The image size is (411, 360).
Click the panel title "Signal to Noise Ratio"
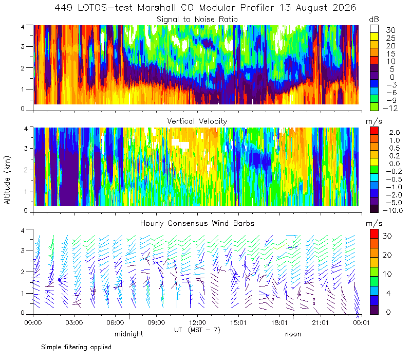197,20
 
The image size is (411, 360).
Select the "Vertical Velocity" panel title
197,121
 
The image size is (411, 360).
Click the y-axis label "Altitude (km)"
7,180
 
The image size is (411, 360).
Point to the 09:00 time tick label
156,322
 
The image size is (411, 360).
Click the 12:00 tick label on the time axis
197,322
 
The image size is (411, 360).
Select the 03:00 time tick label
74,322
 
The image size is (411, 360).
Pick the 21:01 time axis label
320,322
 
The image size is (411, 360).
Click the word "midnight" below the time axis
129,334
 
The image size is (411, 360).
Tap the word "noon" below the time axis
293,334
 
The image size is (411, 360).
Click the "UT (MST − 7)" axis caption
197,330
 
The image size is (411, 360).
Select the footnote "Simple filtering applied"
76,347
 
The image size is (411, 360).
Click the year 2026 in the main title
344,8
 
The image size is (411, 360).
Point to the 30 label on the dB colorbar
390,30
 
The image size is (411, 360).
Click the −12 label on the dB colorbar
390,108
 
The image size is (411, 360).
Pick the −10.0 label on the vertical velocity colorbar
393,210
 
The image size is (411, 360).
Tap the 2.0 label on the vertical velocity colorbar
395,132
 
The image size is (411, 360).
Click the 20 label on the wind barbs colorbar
387,255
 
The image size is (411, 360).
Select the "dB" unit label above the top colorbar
374,20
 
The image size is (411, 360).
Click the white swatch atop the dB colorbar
375,29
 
